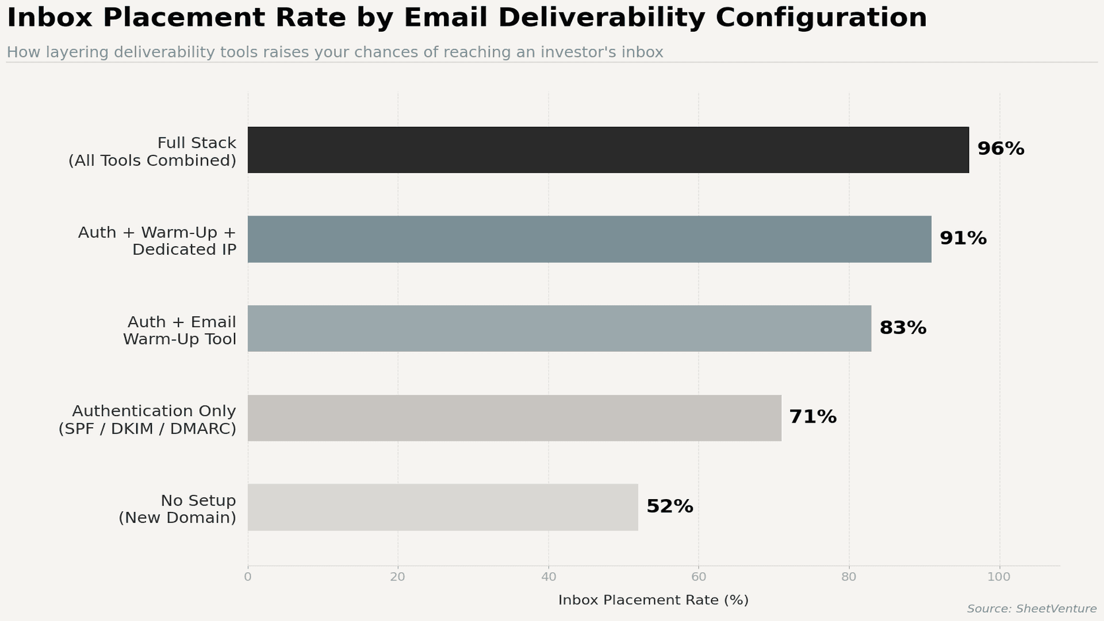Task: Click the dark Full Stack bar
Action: pos(608,150)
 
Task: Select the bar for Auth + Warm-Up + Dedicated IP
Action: pos(589,239)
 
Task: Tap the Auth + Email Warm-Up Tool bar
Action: pos(559,328)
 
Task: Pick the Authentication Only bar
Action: pos(514,418)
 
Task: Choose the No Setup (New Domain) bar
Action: pos(443,507)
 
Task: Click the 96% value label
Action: pos(1000,149)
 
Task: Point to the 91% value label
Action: pos(963,238)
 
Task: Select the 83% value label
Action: pos(903,328)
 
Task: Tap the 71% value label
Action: pos(812,417)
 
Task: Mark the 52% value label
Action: pos(670,507)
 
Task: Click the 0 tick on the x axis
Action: pos(248,577)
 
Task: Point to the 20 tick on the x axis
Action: pos(398,577)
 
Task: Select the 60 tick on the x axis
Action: pos(699,577)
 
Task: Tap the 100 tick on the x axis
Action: pos(999,577)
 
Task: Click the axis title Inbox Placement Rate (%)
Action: pos(653,600)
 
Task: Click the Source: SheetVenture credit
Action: pos(1032,609)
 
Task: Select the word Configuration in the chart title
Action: pos(821,18)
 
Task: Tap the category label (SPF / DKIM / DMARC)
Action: pos(147,429)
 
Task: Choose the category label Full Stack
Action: pos(197,143)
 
